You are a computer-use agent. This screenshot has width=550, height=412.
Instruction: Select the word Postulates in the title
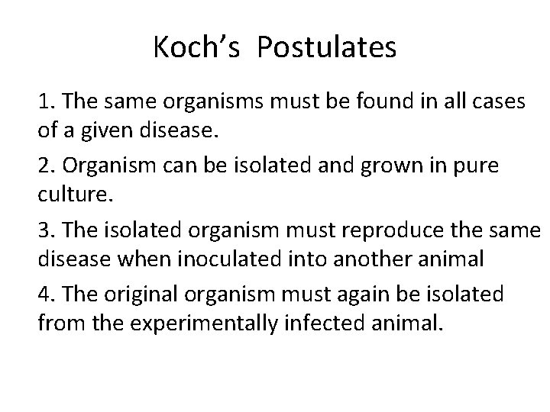coord(327,49)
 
